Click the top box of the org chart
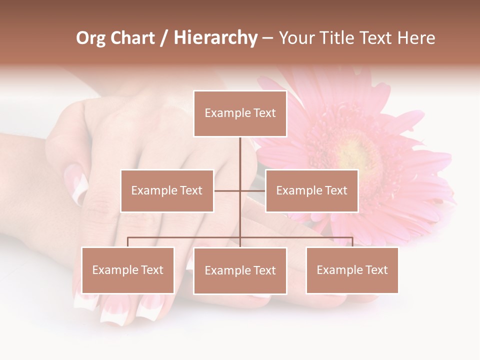coord(240,113)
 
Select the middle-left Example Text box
coord(167,190)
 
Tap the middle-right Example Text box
coord(311,190)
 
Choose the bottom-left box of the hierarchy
coord(128,270)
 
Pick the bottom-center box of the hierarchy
coord(240,270)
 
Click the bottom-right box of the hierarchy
coord(352,270)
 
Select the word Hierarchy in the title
coord(215,38)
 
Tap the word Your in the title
coord(297,38)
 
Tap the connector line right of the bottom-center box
coord(296,237)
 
